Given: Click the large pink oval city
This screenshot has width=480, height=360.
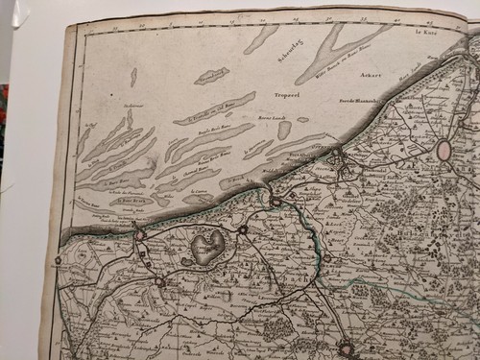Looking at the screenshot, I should pyautogui.click(x=444, y=150).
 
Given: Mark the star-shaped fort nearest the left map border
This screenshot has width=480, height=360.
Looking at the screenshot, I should pyautogui.click(x=58, y=259).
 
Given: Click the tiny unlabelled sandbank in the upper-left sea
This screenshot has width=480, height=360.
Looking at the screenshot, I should pyautogui.click(x=133, y=76).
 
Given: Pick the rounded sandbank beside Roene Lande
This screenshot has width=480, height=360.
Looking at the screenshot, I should pyautogui.click(x=284, y=130).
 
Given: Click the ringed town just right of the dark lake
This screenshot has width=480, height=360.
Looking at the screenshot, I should pyautogui.click(x=243, y=230).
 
